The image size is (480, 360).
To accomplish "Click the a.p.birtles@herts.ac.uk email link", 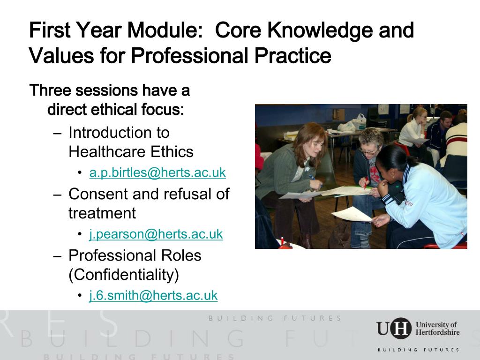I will click(x=157, y=172).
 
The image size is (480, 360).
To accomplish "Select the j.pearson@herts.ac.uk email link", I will click(x=156, y=234).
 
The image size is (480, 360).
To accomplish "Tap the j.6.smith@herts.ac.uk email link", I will click(x=153, y=295).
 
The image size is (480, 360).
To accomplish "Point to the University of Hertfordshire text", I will click(x=437, y=328).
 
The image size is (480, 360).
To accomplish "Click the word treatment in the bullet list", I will click(x=102, y=213).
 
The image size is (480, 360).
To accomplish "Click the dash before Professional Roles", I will click(x=58, y=256).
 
